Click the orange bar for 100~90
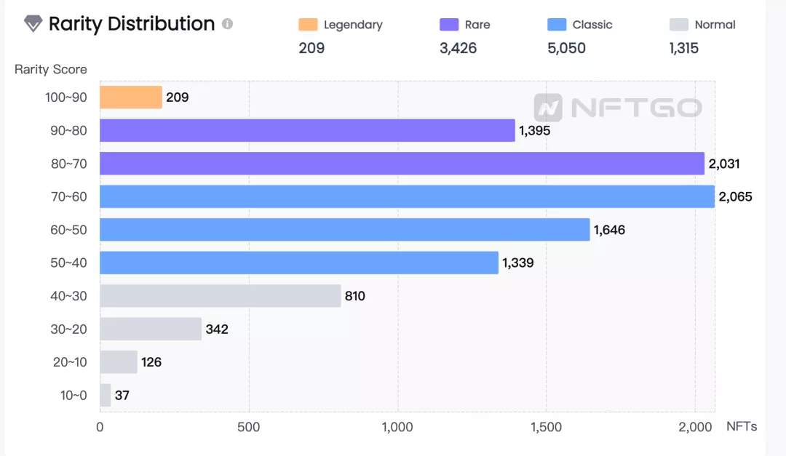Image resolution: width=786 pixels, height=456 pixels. pyautogui.click(x=131, y=97)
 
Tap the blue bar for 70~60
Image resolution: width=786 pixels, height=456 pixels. pyautogui.click(x=407, y=196)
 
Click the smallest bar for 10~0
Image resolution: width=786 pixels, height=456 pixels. pyautogui.click(x=106, y=396)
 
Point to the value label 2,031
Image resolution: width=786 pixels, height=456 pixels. pyautogui.click(x=724, y=164)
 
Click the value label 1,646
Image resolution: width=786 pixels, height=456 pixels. pyautogui.click(x=609, y=231)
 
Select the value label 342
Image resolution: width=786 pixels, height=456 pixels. pyautogui.click(x=217, y=329)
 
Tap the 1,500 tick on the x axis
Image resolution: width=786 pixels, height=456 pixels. pyautogui.click(x=547, y=427)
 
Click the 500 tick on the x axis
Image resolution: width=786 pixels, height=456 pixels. pyautogui.click(x=249, y=427)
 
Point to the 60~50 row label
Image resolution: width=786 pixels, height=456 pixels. pyautogui.click(x=68, y=231)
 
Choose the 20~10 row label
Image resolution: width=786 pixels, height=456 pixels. pyautogui.click(x=69, y=362)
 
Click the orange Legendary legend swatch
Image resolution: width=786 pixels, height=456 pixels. pyautogui.click(x=308, y=25)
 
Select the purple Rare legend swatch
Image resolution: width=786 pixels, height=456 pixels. pyautogui.click(x=449, y=25)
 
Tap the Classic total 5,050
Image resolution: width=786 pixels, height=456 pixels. pyautogui.click(x=566, y=49)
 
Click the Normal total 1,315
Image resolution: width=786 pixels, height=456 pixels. pyautogui.click(x=684, y=49)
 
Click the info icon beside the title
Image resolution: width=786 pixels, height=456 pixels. pyautogui.click(x=227, y=24)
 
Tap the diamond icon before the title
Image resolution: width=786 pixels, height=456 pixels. pyautogui.click(x=33, y=24)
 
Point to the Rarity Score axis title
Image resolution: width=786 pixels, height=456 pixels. pyautogui.click(x=51, y=70)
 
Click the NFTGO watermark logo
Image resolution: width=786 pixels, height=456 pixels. pyautogui.click(x=618, y=108)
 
